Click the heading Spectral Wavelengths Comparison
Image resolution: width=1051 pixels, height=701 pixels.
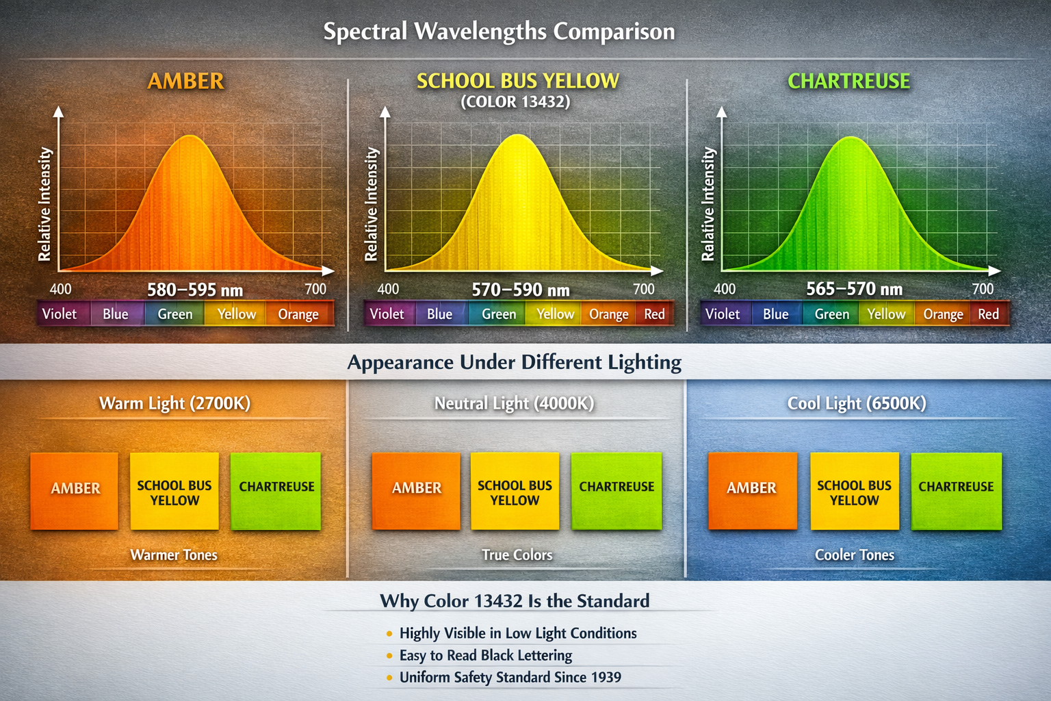click(x=499, y=31)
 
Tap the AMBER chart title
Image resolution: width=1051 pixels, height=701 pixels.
click(x=185, y=81)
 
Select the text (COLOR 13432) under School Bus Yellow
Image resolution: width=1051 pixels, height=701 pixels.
click(x=515, y=102)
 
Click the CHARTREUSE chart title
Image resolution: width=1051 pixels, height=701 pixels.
click(x=848, y=81)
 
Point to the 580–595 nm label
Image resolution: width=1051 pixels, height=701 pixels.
click(x=195, y=290)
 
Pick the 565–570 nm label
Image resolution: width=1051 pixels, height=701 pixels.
click(x=854, y=289)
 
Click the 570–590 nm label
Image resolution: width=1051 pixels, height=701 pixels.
click(x=521, y=290)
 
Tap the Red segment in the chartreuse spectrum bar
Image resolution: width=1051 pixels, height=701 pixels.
click(x=988, y=314)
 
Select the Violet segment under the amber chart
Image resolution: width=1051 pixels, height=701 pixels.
click(x=60, y=314)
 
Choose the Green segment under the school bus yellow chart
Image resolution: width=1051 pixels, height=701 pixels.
click(x=499, y=314)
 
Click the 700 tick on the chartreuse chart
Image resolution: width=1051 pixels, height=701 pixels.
click(x=983, y=289)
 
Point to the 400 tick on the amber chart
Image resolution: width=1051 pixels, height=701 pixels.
click(x=60, y=289)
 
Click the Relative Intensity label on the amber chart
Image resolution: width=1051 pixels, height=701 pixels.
click(x=44, y=204)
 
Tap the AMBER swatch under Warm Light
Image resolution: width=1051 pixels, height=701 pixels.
click(x=75, y=490)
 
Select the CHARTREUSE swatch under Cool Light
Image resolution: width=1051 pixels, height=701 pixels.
click(x=956, y=490)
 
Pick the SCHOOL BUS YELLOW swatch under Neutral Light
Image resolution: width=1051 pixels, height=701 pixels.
click(x=515, y=490)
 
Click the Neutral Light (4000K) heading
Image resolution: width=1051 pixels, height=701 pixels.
click(x=514, y=403)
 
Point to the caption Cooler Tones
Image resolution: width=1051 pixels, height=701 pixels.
click(x=854, y=555)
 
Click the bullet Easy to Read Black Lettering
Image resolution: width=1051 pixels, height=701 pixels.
click(x=485, y=656)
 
